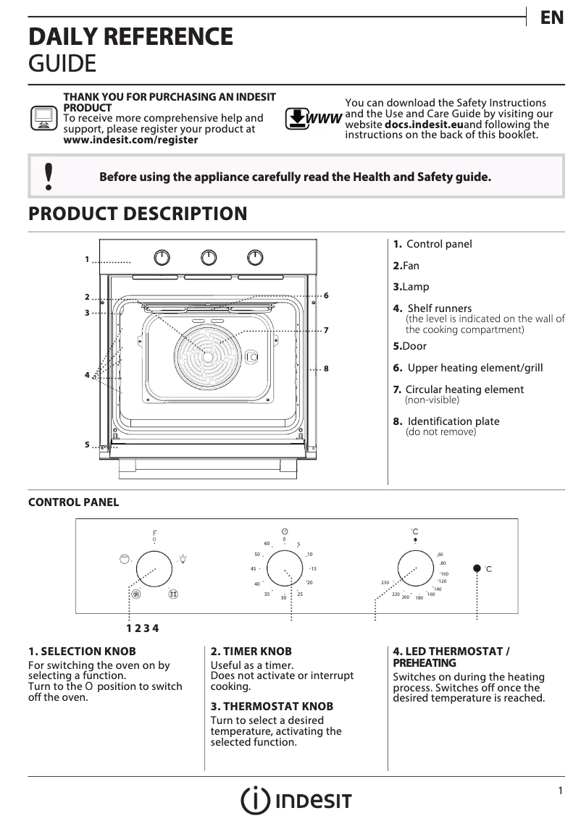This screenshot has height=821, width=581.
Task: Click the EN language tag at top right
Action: [x=552, y=18]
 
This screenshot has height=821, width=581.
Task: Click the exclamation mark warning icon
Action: [x=49, y=177]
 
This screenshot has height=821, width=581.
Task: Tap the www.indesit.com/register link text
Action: [x=130, y=140]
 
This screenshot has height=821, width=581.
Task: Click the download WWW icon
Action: [x=313, y=119]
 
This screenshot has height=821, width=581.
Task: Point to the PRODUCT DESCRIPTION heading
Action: [x=138, y=214]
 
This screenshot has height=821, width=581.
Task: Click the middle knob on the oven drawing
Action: [x=209, y=257]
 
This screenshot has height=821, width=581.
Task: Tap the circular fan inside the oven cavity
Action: [x=208, y=356]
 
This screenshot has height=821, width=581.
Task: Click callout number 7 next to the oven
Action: [x=327, y=330]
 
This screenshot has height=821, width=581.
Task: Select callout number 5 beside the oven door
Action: [x=86, y=445]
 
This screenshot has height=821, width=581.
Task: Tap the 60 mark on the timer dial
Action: [x=267, y=544]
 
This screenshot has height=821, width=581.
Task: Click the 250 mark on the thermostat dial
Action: [x=385, y=583]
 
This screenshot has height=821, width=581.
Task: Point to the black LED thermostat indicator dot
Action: [x=477, y=569]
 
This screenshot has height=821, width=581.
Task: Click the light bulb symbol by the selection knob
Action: [x=183, y=559]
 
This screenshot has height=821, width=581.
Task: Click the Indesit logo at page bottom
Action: [x=296, y=799]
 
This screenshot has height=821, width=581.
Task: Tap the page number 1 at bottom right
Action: [x=560, y=791]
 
